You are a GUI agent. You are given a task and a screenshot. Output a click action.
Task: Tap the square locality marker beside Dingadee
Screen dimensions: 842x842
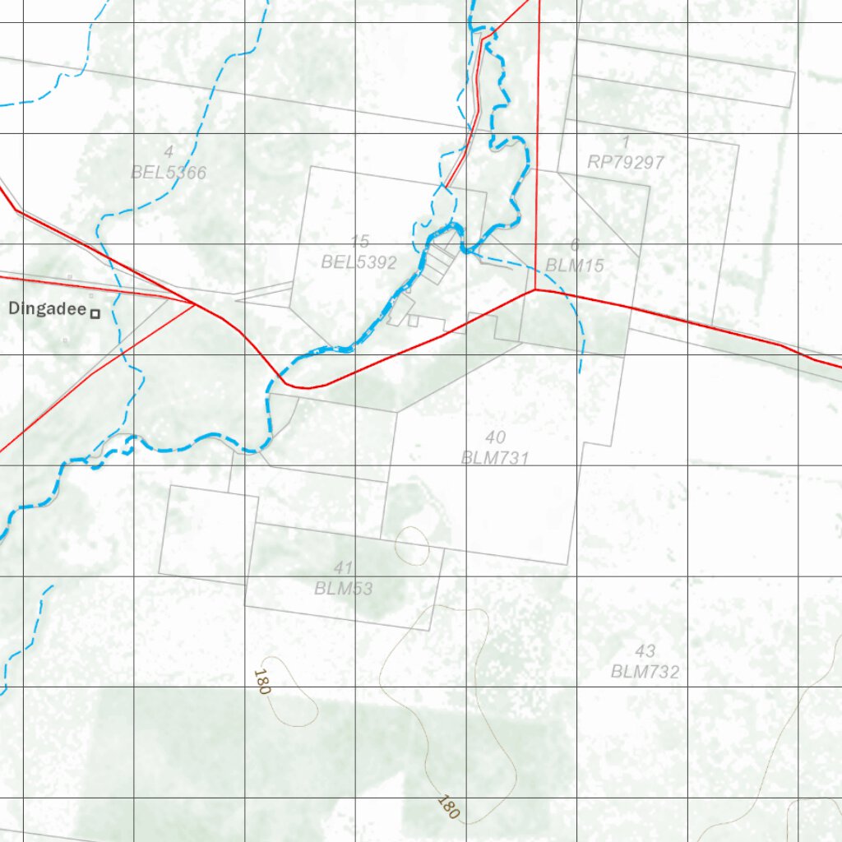pos(95,313)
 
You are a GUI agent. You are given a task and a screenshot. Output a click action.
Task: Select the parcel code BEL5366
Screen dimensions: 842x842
pos(169,173)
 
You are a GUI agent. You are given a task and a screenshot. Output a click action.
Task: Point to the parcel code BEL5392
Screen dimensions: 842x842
pos(359,263)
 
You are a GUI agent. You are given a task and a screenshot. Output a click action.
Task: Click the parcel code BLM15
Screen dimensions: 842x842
pos(575,266)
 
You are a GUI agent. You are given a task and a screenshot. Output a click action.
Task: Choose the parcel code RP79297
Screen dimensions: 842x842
pos(626,163)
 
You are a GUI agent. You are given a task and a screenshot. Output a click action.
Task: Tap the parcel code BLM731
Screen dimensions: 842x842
pos(495,458)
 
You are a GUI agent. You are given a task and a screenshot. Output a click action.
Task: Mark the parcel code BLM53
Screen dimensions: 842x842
pos(343,589)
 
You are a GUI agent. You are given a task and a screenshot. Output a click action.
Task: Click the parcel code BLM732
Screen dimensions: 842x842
pos(645,672)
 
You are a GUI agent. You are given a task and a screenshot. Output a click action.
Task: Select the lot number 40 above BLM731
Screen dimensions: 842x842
pos(496,437)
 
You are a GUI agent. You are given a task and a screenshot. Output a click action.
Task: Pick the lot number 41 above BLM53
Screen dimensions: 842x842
pos(344,568)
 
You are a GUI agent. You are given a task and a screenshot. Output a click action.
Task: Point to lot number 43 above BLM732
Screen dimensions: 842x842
pos(645,652)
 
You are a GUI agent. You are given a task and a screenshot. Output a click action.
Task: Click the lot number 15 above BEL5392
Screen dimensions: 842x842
pos(359,242)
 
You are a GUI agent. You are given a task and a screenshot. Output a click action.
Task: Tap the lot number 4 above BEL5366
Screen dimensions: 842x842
pos(169,152)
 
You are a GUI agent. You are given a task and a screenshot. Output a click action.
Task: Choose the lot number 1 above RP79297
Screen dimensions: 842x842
pos(627,142)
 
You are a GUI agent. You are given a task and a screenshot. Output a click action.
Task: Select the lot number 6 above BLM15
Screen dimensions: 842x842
pos(575,245)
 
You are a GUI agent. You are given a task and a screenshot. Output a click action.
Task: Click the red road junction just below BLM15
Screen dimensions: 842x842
pos(535,289)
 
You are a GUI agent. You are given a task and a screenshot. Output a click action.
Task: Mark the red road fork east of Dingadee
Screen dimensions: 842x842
pos(195,304)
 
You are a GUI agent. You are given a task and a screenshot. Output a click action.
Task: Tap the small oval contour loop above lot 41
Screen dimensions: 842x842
pos(412,544)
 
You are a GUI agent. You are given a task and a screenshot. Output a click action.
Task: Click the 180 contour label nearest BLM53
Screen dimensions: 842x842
pos(261,682)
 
